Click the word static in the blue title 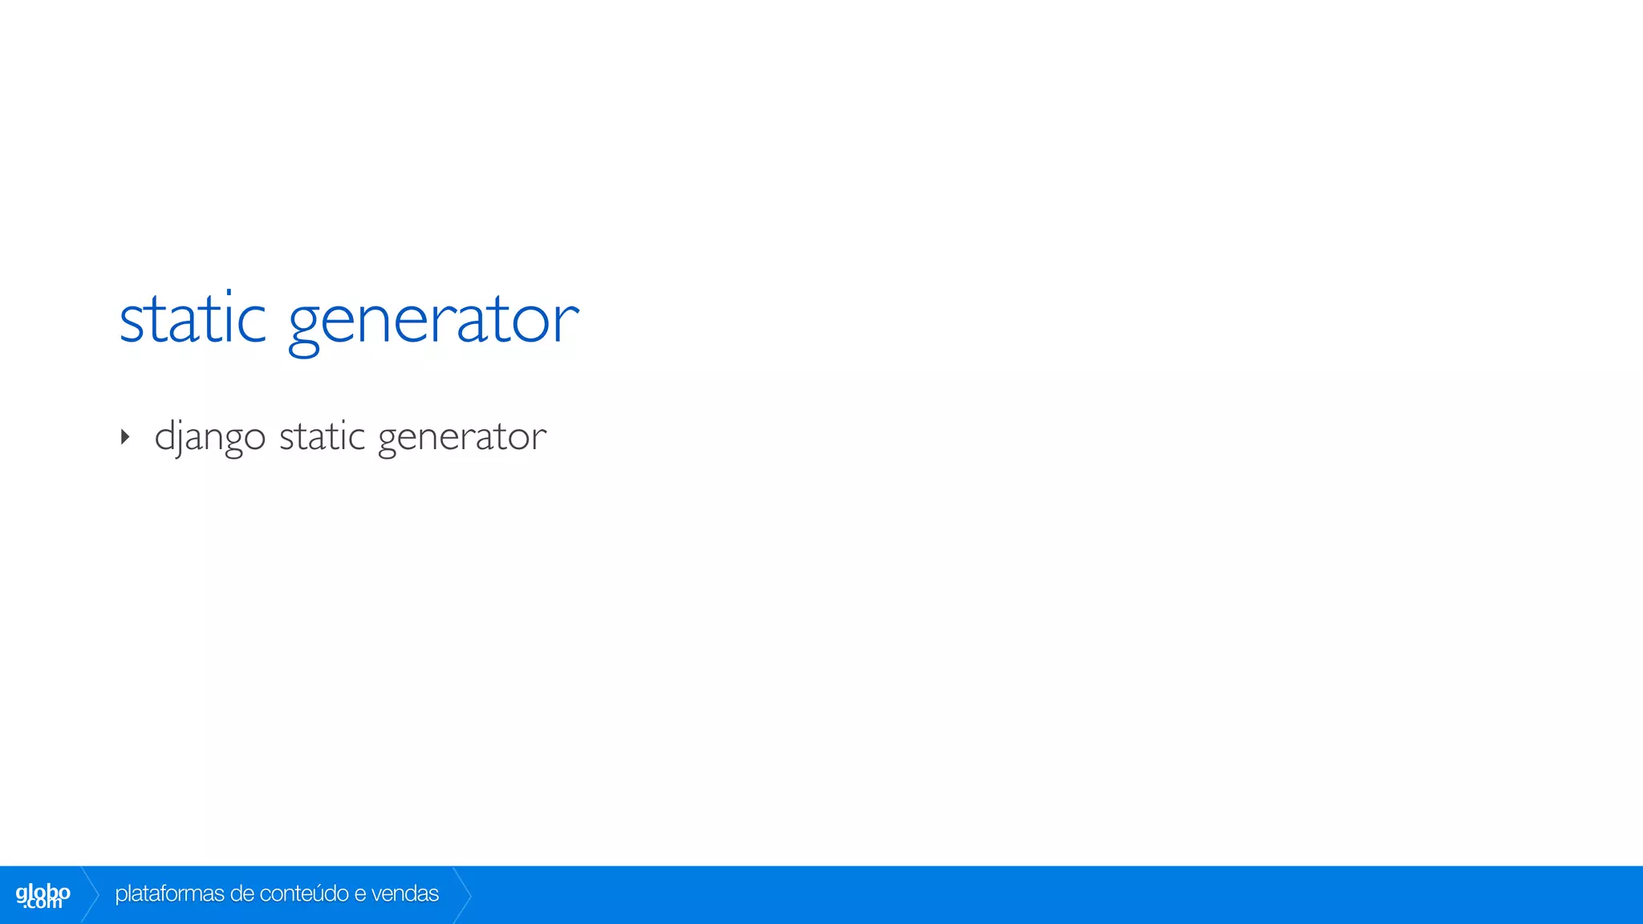point(193,319)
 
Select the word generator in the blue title point(433,321)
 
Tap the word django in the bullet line point(209,437)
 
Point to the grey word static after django point(322,436)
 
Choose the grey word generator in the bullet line point(462,438)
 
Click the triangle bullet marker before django point(125,437)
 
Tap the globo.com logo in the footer point(43,895)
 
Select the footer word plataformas point(169,894)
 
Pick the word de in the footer point(241,894)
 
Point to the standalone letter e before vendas point(359,895)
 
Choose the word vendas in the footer point(405,894)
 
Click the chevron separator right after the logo point(90,895)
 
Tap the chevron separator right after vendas point(462,895)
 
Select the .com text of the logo point(43,904)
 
